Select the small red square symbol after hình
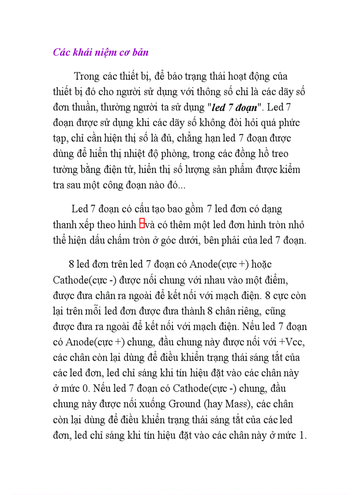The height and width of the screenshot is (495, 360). [x=142, y=224]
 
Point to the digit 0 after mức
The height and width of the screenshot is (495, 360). [x=77, y=389]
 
